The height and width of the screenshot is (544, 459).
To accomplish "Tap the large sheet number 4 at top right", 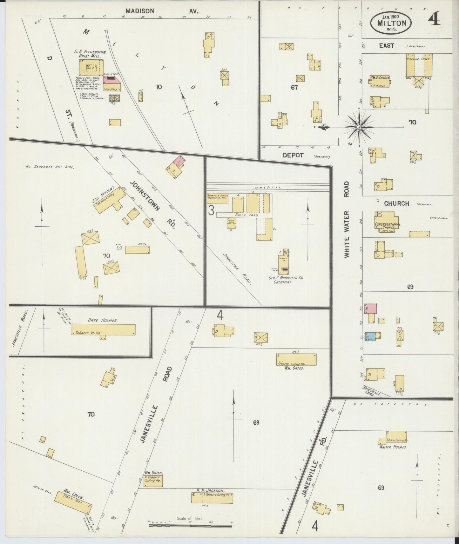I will click(x=434, y=20).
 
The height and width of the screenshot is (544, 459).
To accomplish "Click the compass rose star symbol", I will click(x=359, y=127).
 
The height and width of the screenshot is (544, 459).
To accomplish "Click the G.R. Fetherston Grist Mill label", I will click(x=90, y=54).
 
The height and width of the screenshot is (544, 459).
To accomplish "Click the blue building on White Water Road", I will click(x=370, y=335).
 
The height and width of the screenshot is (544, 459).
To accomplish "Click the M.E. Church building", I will click(x=380, y=81).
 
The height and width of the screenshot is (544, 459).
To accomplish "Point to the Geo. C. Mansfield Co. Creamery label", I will click(x=286, y=280).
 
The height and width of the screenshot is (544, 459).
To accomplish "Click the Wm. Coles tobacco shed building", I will click(x=73, y=502).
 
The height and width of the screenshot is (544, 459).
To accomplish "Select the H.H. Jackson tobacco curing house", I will click(x=212, y=498).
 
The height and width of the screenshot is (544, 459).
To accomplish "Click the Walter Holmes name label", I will click(x=393, y=447).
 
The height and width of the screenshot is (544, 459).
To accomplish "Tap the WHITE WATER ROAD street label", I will click(x=347, y=219).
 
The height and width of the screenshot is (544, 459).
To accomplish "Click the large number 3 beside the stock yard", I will click(x=211, y=210).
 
